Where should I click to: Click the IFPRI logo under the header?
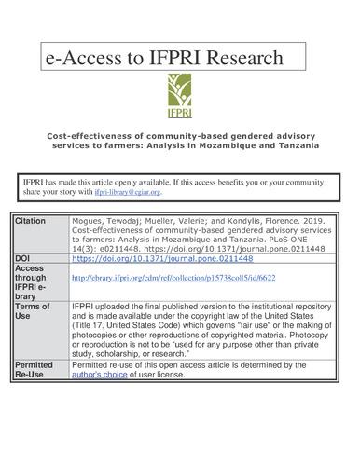tap(180, 94)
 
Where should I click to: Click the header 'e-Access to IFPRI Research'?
tap(163, 58)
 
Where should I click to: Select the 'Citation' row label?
tap(31, 221)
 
